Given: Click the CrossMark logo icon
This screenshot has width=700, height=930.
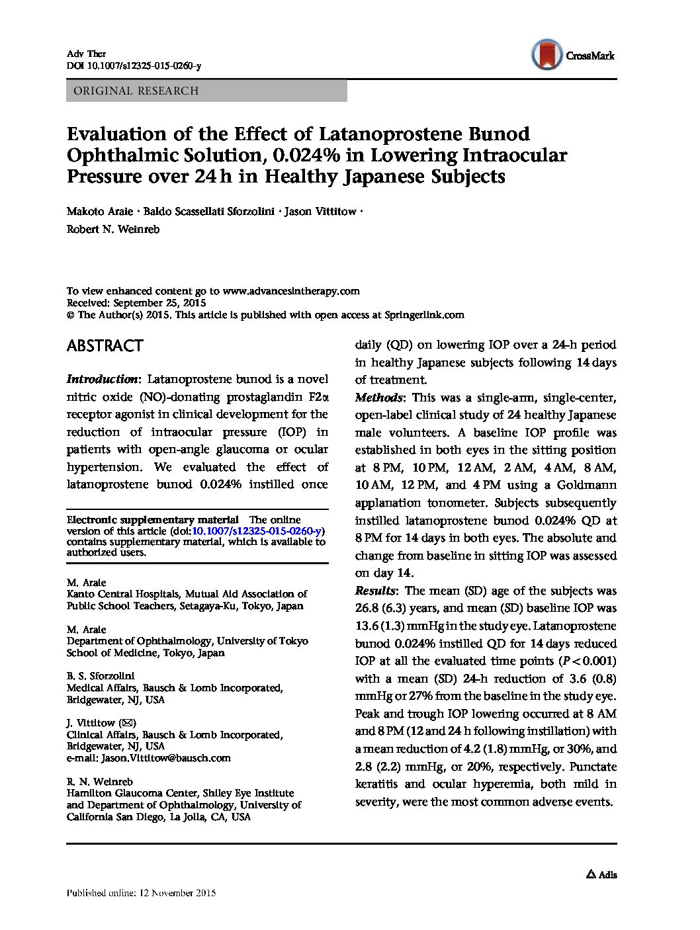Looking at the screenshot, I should [x=547, y=55].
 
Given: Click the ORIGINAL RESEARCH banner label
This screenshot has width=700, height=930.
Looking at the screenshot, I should [x=136, y=91].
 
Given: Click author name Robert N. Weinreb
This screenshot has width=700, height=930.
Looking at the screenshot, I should [x=113, y=230].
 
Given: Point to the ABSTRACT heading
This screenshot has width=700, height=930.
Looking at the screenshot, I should [x=105, y=346].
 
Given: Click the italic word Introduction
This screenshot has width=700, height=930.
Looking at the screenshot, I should [x=103, y=380].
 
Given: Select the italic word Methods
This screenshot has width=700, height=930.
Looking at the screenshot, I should [x=379, y=398].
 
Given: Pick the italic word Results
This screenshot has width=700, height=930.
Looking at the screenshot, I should [x=375, y=591].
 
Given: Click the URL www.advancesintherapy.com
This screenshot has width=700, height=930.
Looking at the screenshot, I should [x=291, y=291].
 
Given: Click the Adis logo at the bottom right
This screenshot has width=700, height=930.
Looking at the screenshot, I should [x=601, y=874].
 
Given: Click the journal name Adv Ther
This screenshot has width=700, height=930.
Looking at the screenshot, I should [x=86, y=54].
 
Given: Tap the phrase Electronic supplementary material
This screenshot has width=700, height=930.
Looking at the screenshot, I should [x=153, y=520].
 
